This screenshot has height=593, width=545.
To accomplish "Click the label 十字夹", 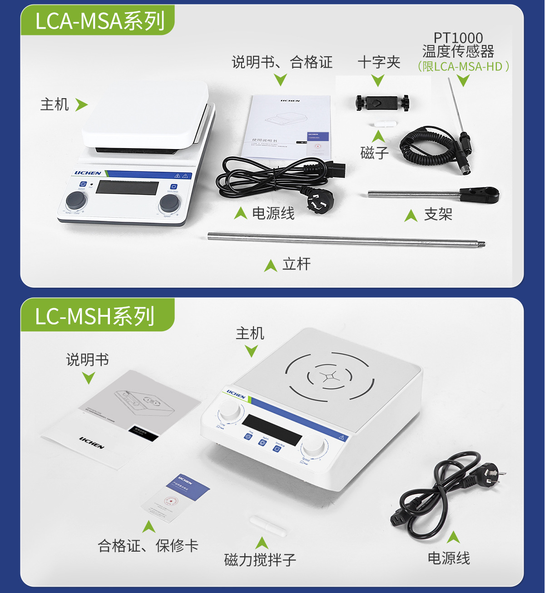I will click(x=379, y=62).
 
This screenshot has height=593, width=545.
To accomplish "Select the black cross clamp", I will click(x=382, y=103).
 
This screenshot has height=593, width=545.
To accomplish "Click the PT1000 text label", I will click(x=458, y=38).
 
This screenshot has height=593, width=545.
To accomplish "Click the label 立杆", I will click(x=297, y=264).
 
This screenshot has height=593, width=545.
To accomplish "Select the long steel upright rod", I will click(x=345, y=239).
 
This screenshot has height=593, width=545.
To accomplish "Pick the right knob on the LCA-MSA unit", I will click(x=169, y=203).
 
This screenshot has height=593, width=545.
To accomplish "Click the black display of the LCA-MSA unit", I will click(x=127, y=187).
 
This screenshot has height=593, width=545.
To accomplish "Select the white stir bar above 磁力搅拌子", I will click(x=268, y=525).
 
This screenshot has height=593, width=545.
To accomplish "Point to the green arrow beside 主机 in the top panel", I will click(x=81, y=105).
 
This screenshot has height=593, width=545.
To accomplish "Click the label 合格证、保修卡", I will click(x=148, y=545).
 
